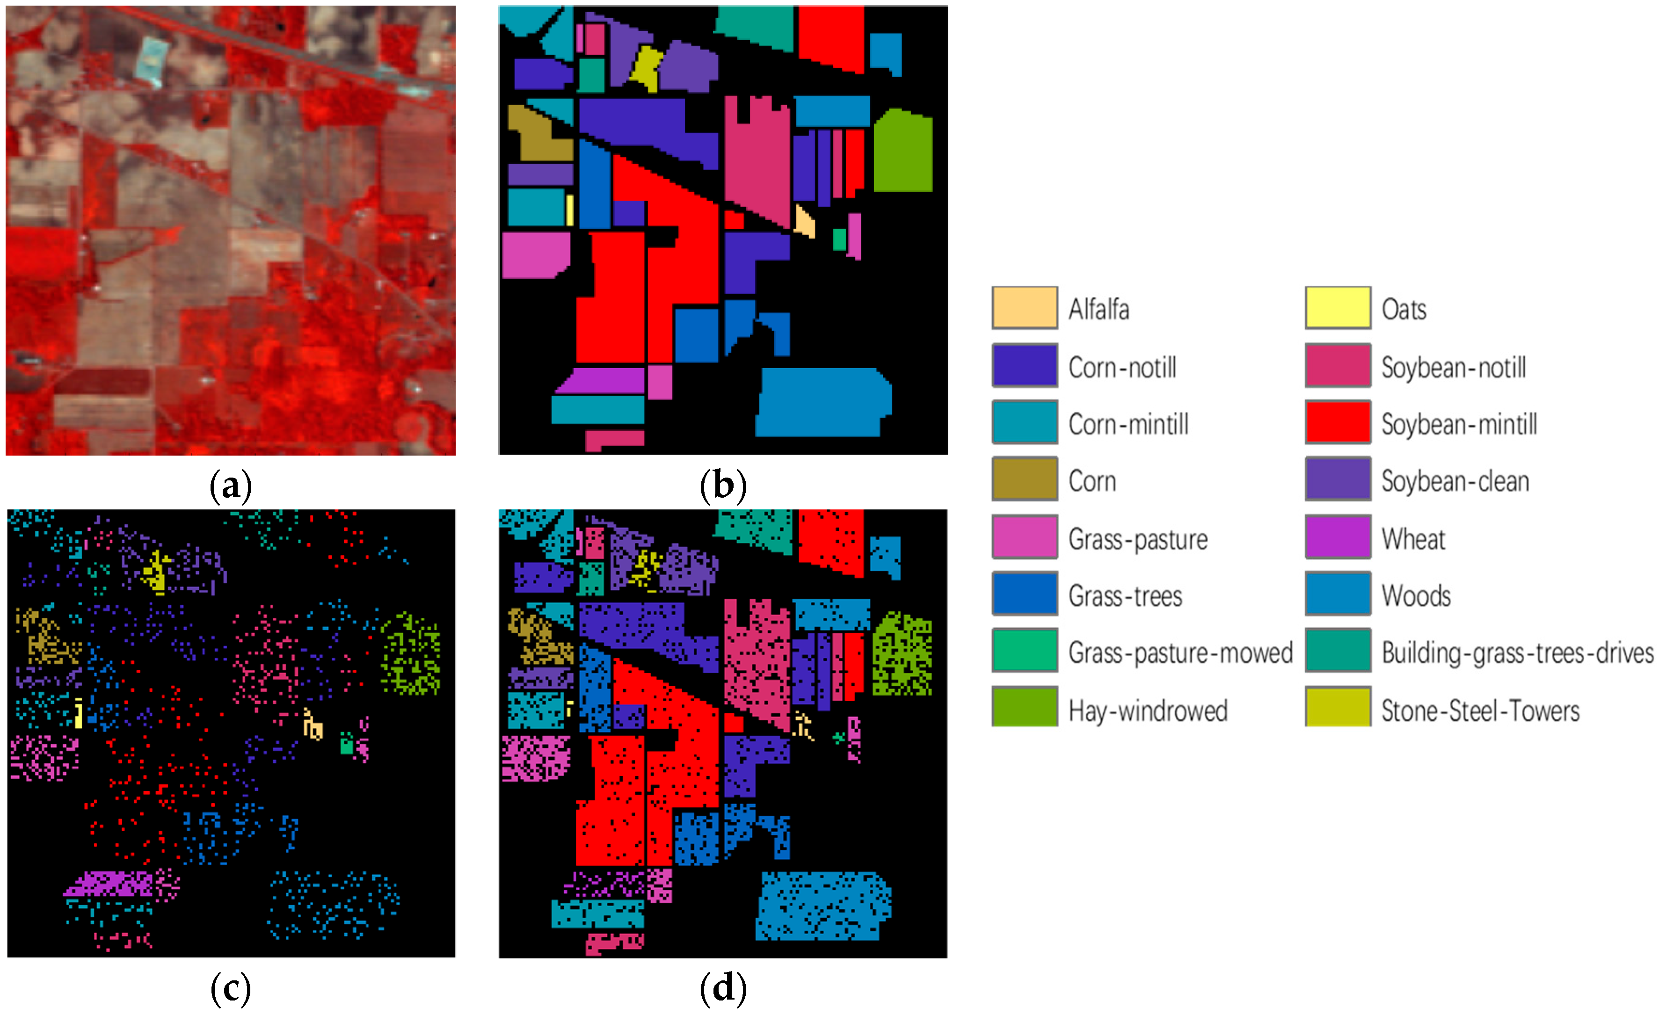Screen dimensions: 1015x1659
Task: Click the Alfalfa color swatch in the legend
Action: point(1024,308)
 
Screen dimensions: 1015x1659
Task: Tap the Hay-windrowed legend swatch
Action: point(1024,706)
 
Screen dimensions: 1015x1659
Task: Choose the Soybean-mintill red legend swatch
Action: point(1337,422)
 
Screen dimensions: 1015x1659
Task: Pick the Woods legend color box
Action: point(1337,594)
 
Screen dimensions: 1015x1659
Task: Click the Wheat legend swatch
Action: point(1337,536)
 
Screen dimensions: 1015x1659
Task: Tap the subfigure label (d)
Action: point(722,988)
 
